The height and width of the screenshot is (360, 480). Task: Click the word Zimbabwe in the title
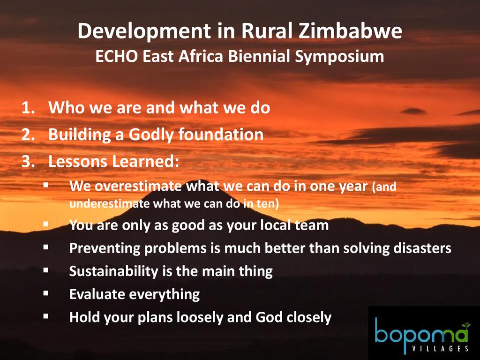pyautogui.click(x=350, y=31)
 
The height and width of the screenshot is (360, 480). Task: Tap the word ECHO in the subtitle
pyautogui.click(x=116, y=56)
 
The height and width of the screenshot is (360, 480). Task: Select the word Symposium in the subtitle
pyautogui.click(x=339, y=57)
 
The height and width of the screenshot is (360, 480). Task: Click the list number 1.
pyautogui.click(x=29, y=108)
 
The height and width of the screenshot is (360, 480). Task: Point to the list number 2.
pyautogui.click(x=29, y=135)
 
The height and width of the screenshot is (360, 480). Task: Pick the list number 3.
pyautogui.click(x=29, y=162)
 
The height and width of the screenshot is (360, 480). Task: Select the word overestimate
pyautogui.click(x=138, y=186)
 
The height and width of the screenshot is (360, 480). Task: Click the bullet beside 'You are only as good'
pyautogui.click(x=46, y=224)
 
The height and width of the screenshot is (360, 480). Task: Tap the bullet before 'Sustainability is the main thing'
pyautogui.click(x=46, y=270)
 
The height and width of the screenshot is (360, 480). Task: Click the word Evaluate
pyautogui.click(x=97, y=294)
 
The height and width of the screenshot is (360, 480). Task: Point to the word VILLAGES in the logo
pyautogui.click(x=440, y=348)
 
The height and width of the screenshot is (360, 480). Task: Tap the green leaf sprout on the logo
pyautogui.click(x=465, y=325)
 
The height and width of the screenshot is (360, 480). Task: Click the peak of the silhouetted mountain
pyautogui.click(x=201, y=180)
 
